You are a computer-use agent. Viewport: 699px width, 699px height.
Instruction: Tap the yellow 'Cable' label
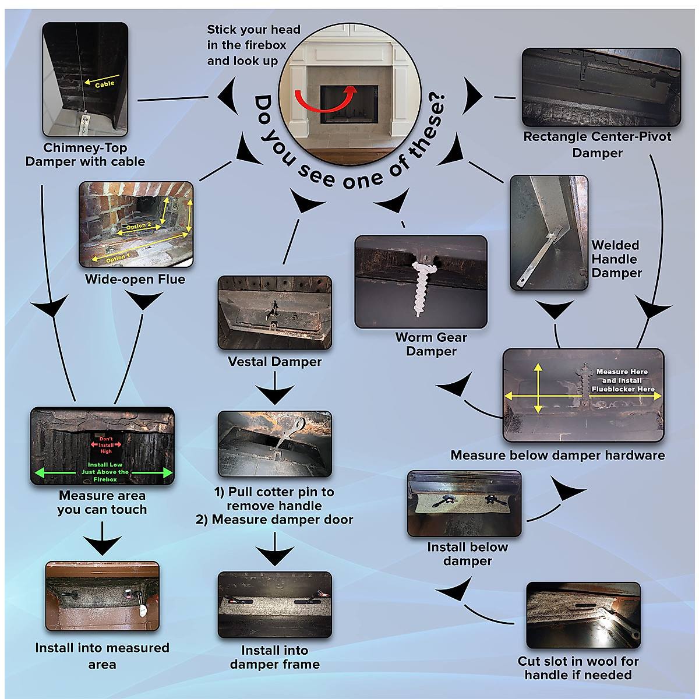tap(105, 84)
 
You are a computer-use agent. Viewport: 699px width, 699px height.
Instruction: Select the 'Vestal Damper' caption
tap(274, 362)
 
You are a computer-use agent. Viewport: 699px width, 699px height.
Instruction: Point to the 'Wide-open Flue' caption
tap(135, 280)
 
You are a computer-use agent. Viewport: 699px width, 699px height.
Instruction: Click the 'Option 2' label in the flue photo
tap(139, 226)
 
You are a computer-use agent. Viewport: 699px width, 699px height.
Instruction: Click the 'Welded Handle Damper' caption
tap(616, 259)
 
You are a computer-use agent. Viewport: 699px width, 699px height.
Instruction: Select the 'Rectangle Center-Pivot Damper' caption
tap(597, 144)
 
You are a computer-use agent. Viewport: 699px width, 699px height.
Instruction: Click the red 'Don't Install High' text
tap(106, 445)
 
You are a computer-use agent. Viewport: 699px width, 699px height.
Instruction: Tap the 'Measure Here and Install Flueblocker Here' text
tap(623, 380)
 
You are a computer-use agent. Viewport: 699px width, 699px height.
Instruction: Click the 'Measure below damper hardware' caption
tap(557, 456)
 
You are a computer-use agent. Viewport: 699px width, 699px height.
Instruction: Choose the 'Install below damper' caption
tap(467, 554)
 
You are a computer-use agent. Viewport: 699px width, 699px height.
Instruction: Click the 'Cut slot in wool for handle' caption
tap(578, 668)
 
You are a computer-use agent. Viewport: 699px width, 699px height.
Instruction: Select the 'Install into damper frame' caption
tap(274, 657)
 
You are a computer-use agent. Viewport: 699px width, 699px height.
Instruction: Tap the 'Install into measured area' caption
tap(102, 656)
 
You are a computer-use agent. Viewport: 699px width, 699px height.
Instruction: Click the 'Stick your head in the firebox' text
tap(253, 45)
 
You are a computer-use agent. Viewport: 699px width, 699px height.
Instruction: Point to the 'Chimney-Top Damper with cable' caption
tap(85, 155)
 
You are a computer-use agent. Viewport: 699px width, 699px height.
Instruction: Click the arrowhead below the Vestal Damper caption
tap(275, 396)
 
